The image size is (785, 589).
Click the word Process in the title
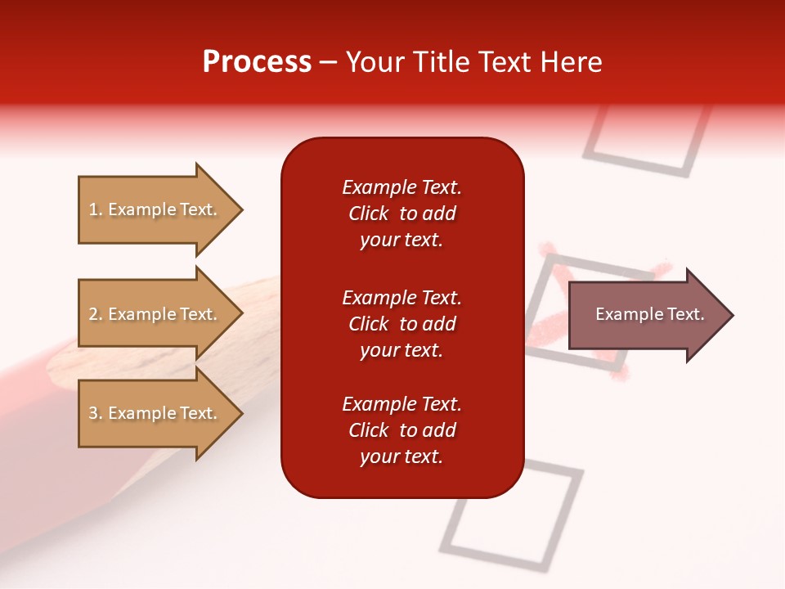pyautogui.click(x=257, y=62)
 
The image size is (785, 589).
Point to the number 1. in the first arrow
pyautogui.click(x=96, y=210)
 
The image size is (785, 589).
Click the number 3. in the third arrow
pyautogui.click(x=96, y=414)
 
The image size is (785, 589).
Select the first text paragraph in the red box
pyautogui.click(x=401, y=214)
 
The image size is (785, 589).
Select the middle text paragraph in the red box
pyautogui.click(x=401, y=324)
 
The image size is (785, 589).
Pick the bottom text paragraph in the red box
pyautogui.click(x=401, y=430)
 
